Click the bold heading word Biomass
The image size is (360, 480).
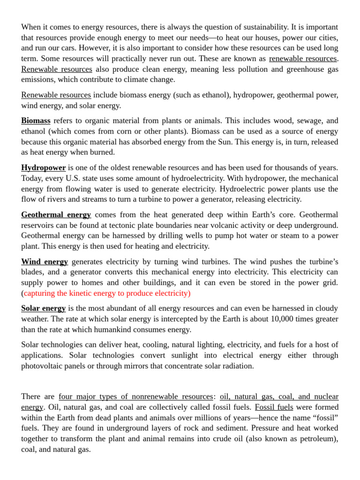pos(36,121)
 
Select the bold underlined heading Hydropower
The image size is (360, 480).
pos(43,168)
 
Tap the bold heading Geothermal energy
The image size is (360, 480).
pos(56,215)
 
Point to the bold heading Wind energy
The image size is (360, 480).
pos(45,262)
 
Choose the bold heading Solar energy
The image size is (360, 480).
pos(43,308)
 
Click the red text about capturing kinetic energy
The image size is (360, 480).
pos(107,293)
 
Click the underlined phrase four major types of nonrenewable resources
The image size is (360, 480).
pos(136,397)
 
